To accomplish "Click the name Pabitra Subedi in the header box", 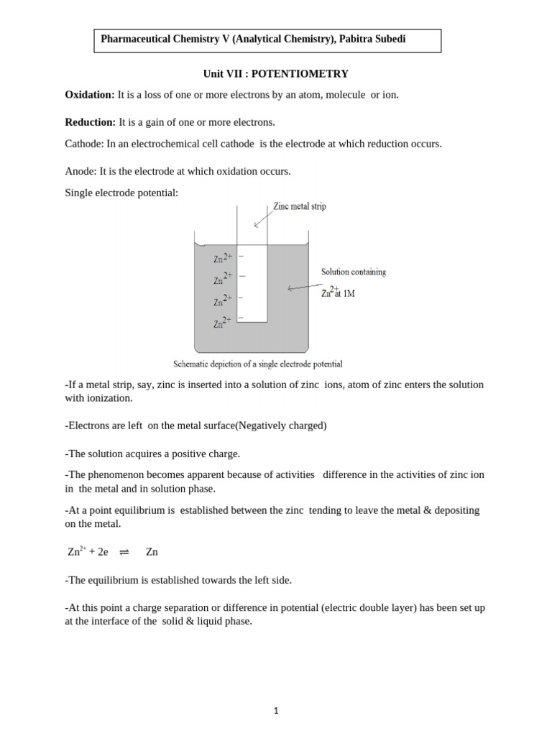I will pyautogui.click(x=372, y=40).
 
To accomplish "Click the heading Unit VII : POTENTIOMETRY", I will pyautogui.click(x=276, y=74).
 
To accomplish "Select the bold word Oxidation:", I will pyautogui.click(x=89, y=95).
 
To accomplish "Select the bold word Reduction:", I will pyautogui.click(x=90, y=122).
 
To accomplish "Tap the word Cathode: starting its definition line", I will pyautogui.click(x=84, y=144).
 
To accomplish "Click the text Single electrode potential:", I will pyautogui.click(x=121, y=193).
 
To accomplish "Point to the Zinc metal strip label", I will pyautogui.click(x=299, y=206).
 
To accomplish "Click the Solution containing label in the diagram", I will pyautogui.click(x=353, y=272).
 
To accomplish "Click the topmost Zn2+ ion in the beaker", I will pyautogui.click(x=222, y=258).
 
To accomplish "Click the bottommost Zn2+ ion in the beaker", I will pyautogui.click(x=222, y=323).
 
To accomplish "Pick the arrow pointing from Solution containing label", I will pyautogui.click(x=305, y=286).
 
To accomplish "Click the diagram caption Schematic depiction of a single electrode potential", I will pyautogui.click(x=258, y=364).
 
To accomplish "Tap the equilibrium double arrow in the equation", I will pyautogui.click(x=124, y=552).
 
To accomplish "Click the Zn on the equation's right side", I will pyautogui.click(x=152, y=552).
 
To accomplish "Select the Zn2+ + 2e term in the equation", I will pyautogui.click(x=88, y=552).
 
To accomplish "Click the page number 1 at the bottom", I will pyautogui.click(x=276, y=711).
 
